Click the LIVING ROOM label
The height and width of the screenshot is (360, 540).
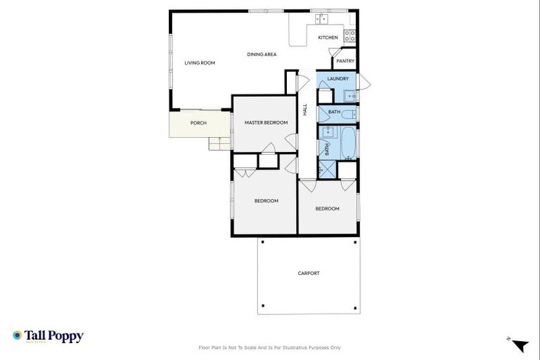coord(200,63)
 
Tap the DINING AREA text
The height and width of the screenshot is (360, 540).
coord(261,54)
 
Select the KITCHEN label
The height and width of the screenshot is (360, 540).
coord(328,38)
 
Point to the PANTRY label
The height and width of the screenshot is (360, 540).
coord(345,61)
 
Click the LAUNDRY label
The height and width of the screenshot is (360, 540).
coord(338,79)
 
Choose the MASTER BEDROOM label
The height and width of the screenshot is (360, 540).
coord(266,123)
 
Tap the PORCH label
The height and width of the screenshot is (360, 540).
coord(199,124)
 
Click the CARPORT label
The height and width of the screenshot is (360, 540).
coord(309,274)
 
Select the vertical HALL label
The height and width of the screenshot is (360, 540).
coord(305,110)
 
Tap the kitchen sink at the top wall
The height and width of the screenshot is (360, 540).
coord(321,18)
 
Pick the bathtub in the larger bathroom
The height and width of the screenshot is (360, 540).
coord(349,142)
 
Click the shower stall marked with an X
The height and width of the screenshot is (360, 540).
coord(327,169)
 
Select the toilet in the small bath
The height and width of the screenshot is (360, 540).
coord(351,112)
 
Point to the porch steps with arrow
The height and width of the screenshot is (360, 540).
coord(219,143)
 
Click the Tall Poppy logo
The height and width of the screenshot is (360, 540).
coord(48,336)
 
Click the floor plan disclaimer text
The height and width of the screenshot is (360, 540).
coord(270,347)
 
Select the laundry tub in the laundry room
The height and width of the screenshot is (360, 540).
coord(349,96)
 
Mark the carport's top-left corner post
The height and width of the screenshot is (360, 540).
coord(262,242)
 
